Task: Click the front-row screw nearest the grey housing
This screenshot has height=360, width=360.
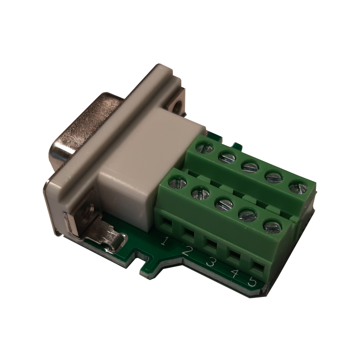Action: coord(180,183)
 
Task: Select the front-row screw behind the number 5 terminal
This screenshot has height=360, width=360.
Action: coord(272,226)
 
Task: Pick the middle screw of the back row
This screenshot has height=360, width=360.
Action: coord(250,167)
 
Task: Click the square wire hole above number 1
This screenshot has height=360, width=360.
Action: coord(166,222)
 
